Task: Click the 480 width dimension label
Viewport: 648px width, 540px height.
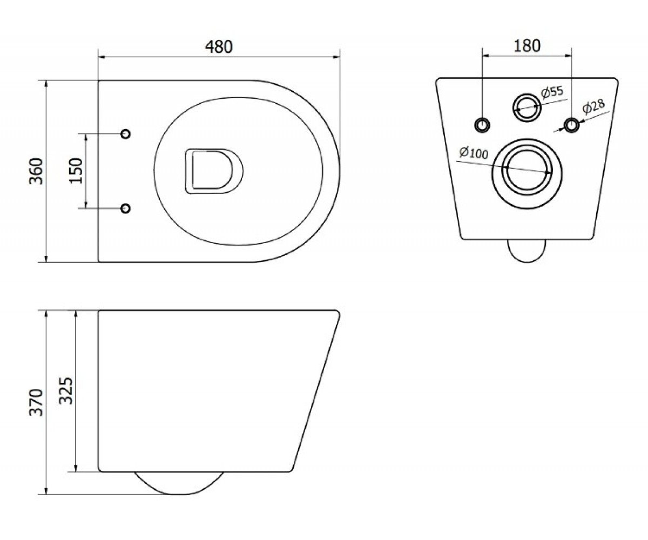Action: tap(219, 47)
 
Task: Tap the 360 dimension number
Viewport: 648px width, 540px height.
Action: tap(36, 171)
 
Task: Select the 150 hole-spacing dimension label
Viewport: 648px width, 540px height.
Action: tap(76, 171)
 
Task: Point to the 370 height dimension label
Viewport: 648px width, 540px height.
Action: tap(36, 402)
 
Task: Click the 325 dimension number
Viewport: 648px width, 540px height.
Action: tap(66, 390)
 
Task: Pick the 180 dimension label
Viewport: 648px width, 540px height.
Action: tap(527, 45)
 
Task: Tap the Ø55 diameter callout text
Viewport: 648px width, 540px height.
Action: tap(552, 92)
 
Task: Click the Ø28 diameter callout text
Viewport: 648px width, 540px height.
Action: tap(593, 106)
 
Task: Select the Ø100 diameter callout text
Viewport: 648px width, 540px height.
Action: tap(473, 152)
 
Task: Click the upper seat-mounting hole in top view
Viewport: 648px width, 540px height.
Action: tap(125, 134)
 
